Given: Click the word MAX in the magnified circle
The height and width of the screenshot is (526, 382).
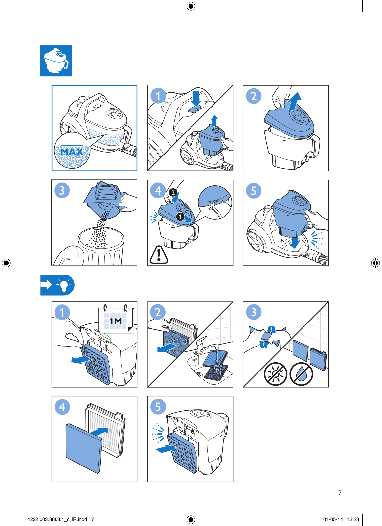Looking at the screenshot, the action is coord(72,152).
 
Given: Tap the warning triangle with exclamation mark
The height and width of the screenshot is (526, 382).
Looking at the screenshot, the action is coord(159,255).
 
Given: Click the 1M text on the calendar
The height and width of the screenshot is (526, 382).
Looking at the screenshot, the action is coord(116,321).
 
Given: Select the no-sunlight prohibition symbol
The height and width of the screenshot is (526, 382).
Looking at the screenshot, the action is coord(276,374).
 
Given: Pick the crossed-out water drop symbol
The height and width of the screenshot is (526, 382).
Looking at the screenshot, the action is coord(301,374).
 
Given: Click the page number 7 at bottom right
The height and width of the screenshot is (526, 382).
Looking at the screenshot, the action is coord(340,493).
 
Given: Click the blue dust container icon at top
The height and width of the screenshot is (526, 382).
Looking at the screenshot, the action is coord(56,60).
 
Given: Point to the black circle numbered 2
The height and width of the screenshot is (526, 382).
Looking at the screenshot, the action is coord(173,193).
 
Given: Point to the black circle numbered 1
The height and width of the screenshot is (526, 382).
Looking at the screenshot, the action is coord(180,217).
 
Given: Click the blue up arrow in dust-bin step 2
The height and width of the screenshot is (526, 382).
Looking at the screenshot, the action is coord(295,102).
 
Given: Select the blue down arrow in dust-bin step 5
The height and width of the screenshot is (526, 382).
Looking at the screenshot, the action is coord(295,242).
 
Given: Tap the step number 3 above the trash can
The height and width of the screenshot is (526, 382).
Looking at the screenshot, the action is coord(62,190).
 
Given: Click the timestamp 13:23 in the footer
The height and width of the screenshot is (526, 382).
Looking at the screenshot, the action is coord(353,519).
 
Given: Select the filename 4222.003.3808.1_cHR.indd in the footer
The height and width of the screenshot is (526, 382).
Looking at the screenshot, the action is coord(57,519).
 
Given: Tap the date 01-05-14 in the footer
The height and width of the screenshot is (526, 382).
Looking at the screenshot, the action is coord(333,519).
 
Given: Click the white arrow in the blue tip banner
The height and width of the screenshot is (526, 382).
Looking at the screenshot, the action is coord(46,285).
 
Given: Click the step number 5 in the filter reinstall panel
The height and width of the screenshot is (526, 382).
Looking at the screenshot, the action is coord(158,406).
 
